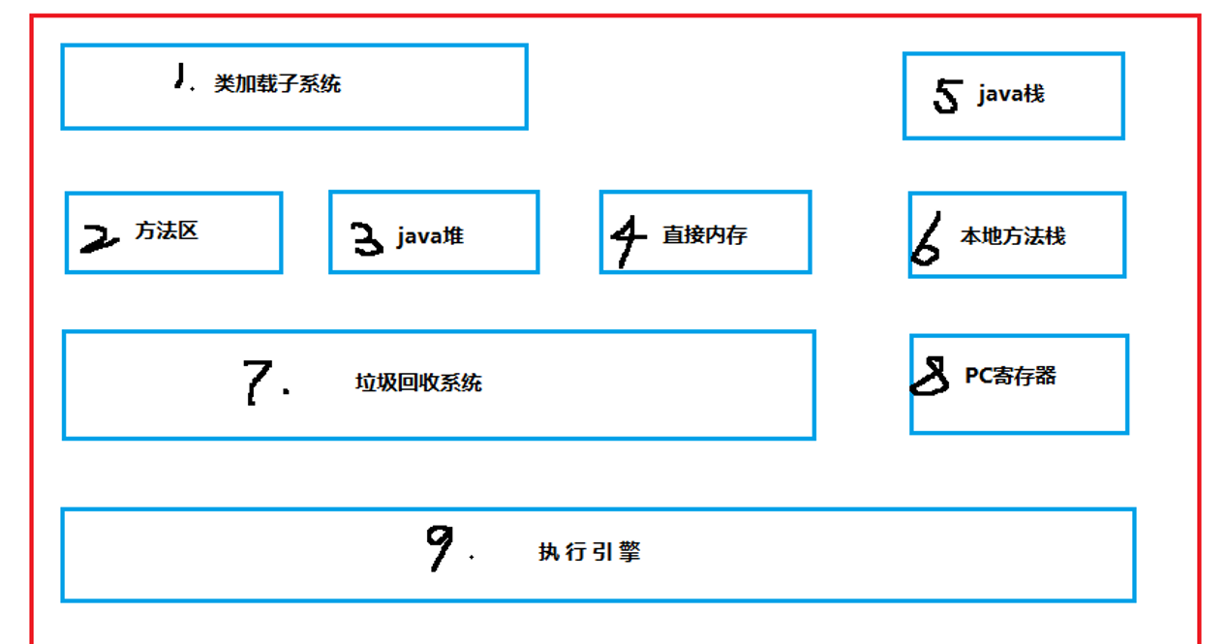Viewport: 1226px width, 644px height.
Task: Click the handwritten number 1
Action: (x=179, y=76)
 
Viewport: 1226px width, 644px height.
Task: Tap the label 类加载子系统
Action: (x=278, y=83)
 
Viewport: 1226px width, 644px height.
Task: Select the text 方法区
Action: (x=167, y=230)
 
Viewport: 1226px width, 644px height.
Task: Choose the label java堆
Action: (x=431, y=236)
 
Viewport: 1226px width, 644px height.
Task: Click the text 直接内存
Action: (x=705, y=235)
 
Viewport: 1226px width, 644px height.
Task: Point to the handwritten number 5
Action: (x=947, y=96)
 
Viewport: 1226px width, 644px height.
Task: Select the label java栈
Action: (x=1011, y=94)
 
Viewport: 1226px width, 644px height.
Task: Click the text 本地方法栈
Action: (x=1013, y=236)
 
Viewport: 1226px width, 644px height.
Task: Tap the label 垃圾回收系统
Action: (x=418, y=383)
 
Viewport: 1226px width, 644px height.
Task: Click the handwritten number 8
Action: (x=930, y=375)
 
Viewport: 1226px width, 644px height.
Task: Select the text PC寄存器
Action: (x=1010, y=376)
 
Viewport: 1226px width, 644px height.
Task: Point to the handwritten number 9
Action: (x=440, y=547)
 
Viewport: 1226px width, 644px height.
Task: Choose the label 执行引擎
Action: (x=590, y=552)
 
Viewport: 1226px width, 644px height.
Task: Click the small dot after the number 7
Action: (x=286, y=391)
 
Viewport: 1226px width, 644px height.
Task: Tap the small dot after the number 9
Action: (x=472, y=557)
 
